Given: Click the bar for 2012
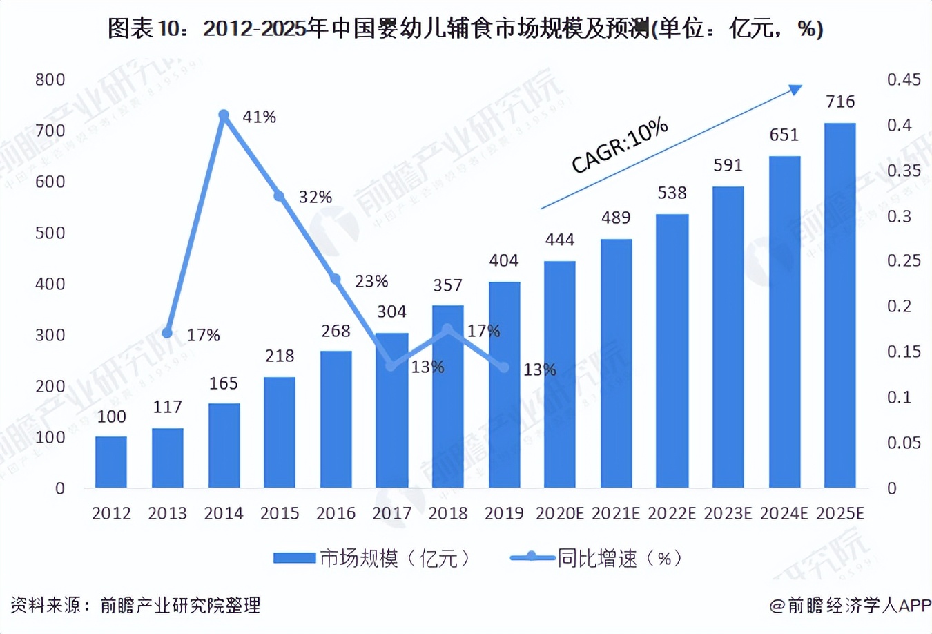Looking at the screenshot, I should (111, 462).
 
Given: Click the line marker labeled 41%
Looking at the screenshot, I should (224, 115).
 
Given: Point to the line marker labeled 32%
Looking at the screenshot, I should (280, 196).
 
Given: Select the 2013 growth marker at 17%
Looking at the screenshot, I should (167, 333).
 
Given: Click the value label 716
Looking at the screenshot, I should (840, 102).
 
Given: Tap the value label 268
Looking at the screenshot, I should (336, 332).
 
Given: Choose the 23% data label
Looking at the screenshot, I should (371, 282).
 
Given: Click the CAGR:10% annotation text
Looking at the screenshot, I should (619, 146).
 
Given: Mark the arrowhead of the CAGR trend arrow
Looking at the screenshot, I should (795, 90).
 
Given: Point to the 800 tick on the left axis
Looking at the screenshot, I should (50, 80).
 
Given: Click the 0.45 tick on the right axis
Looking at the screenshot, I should (904, 80).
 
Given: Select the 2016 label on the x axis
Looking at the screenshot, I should (336, 514).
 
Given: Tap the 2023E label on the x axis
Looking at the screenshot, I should (728, 514).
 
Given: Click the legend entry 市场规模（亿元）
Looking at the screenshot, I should (373, 558).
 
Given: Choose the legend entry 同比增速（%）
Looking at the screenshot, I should (597, 558).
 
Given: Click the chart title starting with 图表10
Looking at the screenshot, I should (465, 29).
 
